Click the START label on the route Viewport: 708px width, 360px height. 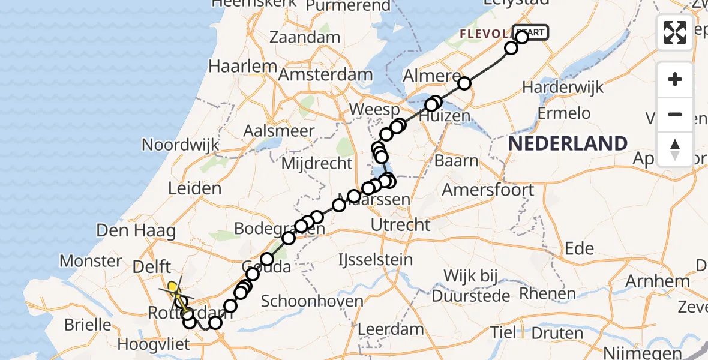point(531,32)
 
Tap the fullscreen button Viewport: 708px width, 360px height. point(675,32)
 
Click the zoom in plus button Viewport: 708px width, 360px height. point(675,79)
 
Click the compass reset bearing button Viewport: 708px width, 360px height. point(675,149)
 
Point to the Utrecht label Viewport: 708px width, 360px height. point(401,225)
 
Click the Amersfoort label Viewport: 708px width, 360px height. point(488,191)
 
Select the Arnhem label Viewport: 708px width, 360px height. point(665,281)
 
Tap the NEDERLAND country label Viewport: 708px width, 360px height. point(568,143)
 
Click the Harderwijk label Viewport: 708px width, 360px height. point(563,88)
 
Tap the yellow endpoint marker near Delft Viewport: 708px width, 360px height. point(173,287)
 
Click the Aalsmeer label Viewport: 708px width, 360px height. point(279,131)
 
